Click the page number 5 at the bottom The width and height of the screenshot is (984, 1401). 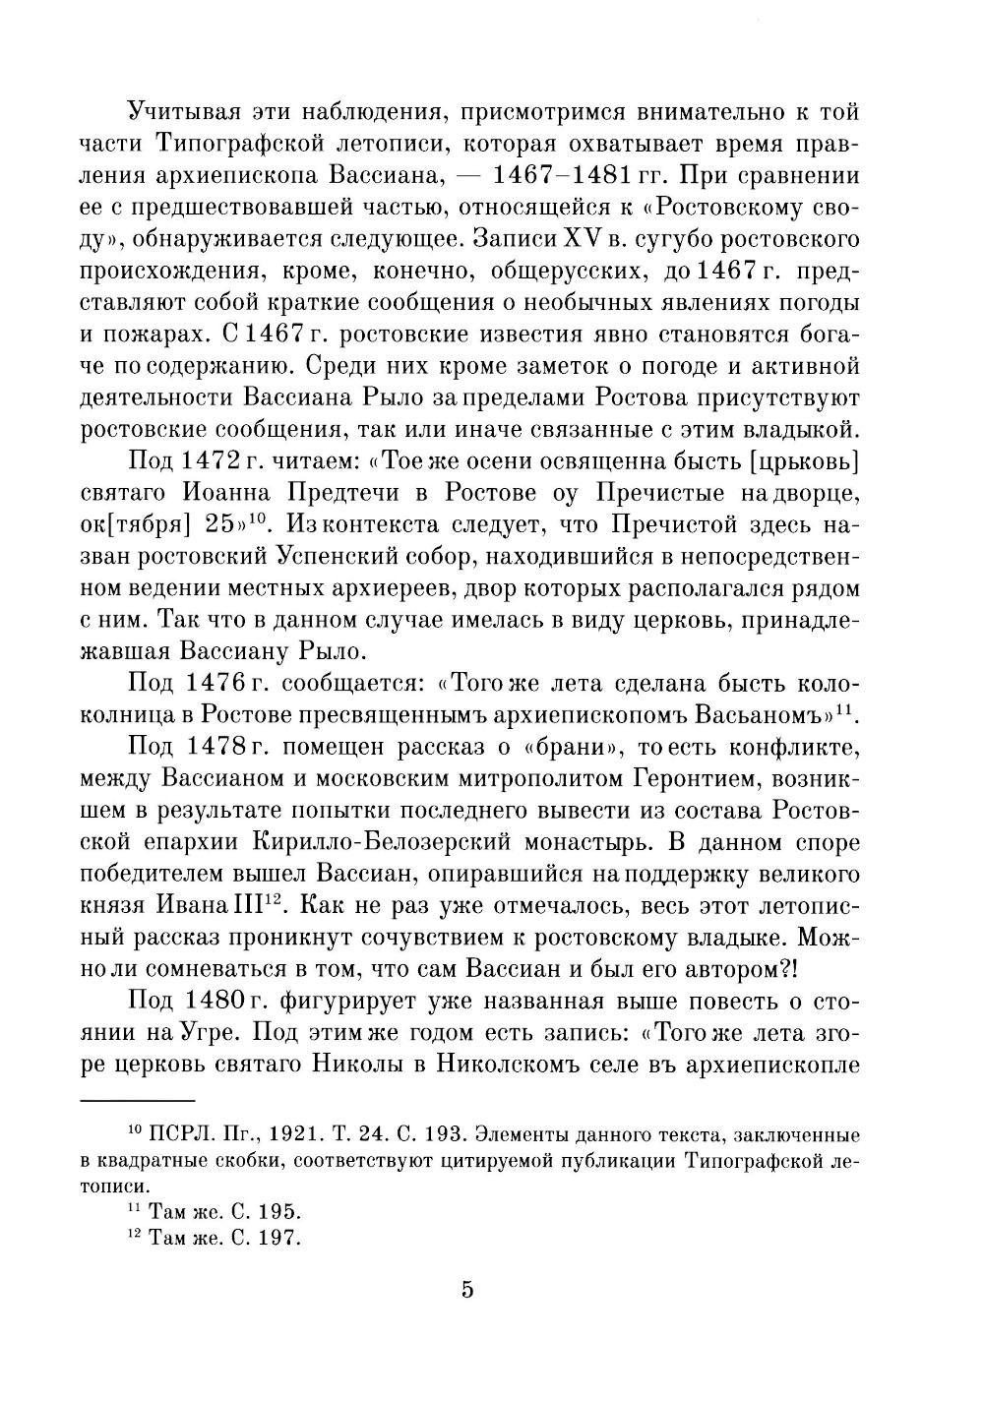tap(467, 1289)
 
